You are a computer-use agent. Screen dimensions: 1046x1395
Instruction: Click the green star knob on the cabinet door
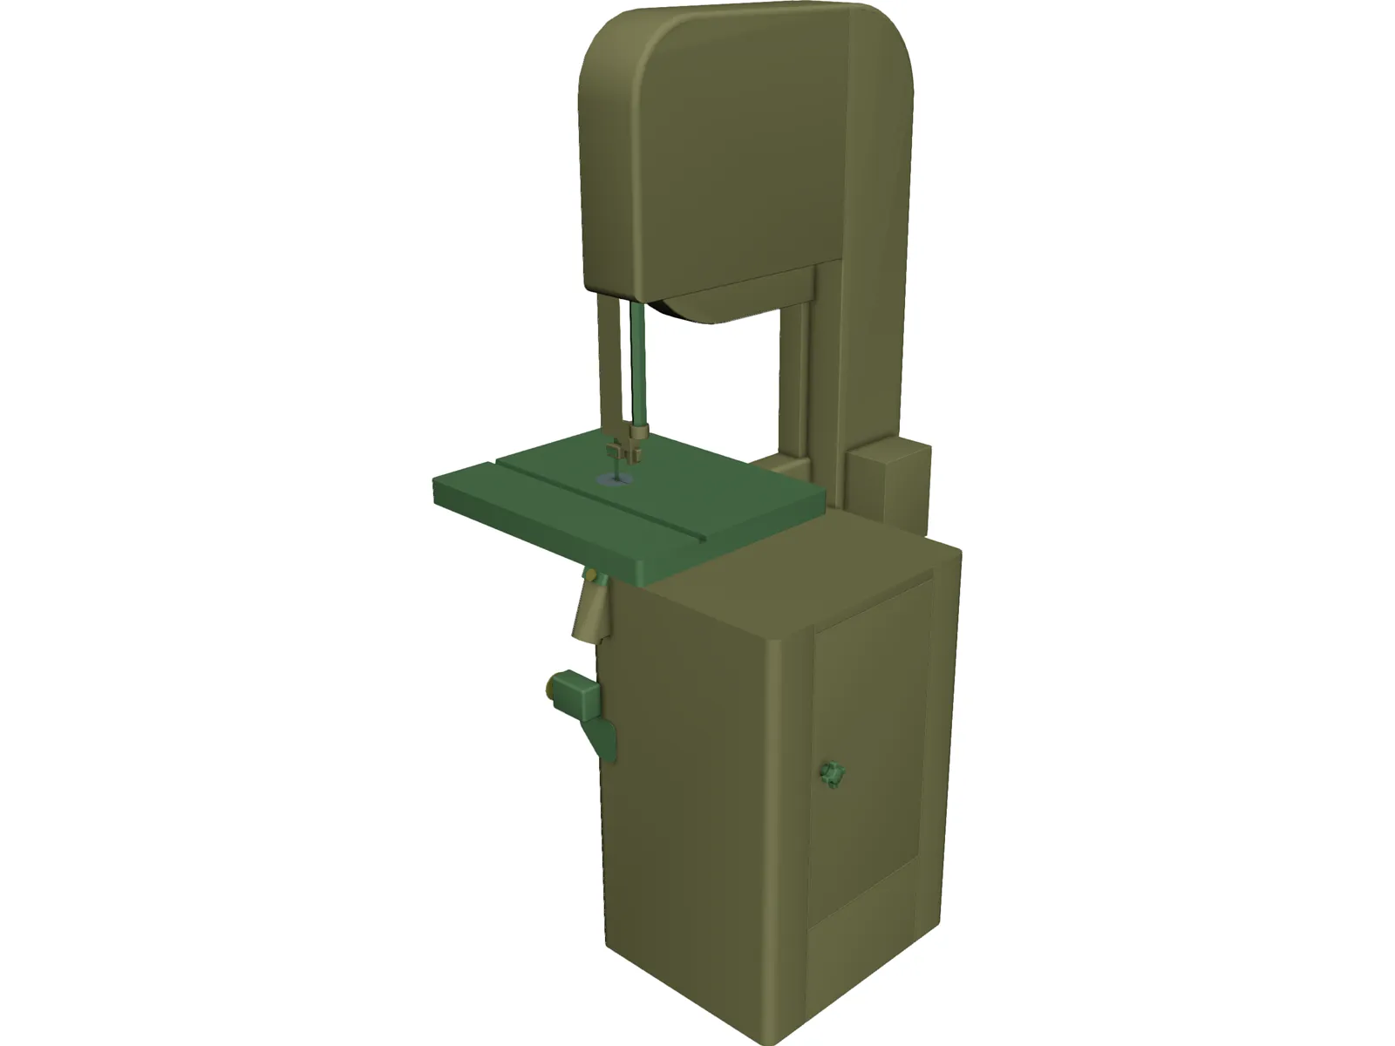(831, 772)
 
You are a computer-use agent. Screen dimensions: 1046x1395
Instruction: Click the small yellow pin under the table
(593, 575)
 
